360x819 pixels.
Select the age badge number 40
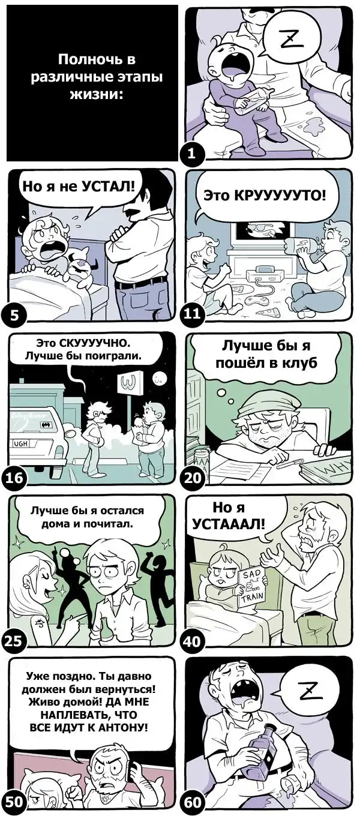[191, 641]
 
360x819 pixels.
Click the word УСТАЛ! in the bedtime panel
[109, 187]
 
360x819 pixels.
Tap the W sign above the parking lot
[128, 383]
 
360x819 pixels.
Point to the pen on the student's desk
[287, 464]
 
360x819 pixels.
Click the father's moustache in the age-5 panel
[131, 212]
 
